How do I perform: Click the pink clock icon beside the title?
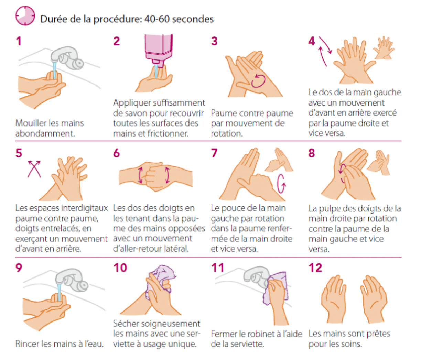(x=25, y=16)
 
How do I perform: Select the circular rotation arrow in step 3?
(x=258, y=81)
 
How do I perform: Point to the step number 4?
(x=311, y=41)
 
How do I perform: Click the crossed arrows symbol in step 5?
(x=34, y=169)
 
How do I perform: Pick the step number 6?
(x=117, y=153)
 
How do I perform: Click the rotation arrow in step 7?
(x=281, y=184)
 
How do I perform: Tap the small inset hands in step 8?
(x=379, y=163)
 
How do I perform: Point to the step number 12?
(x=315, y=268)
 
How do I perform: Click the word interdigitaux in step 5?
(x=85, y=208)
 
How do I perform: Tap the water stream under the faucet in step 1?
(x=55, y=70)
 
